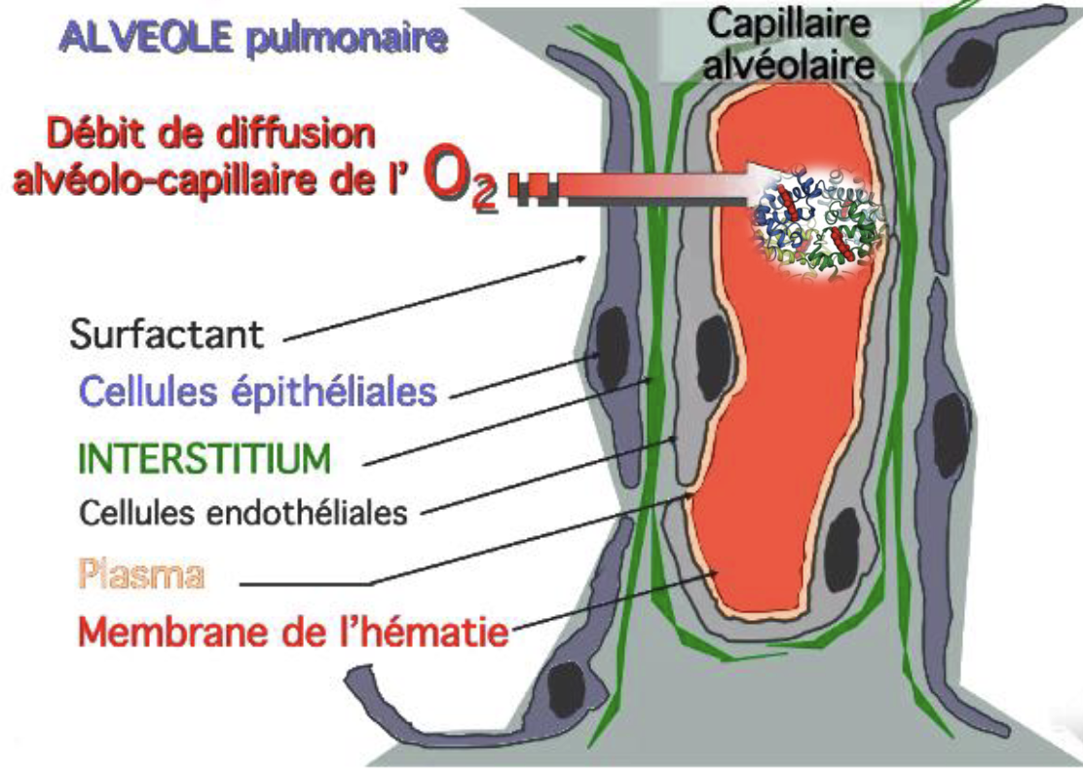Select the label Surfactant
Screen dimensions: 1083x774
(167, 333)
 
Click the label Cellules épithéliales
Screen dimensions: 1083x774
(257, 392)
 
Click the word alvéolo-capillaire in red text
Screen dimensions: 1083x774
(189, 180)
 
